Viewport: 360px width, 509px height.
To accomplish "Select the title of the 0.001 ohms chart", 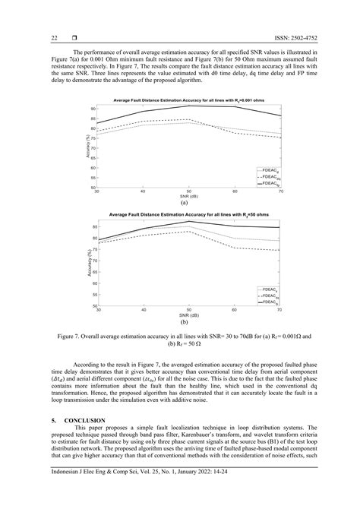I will tap(188, 100).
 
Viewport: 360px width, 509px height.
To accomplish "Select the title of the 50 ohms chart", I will tap(188, 215).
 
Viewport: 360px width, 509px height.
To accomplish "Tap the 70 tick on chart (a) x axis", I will tap(280, 191).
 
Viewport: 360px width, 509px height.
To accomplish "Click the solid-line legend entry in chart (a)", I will tap(268, 183).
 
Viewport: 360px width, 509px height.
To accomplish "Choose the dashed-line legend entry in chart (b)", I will tap(268, 295).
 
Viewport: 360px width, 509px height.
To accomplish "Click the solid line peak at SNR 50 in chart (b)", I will tap(189, 221).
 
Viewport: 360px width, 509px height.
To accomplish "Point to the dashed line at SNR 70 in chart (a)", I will tap(280, 138).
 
